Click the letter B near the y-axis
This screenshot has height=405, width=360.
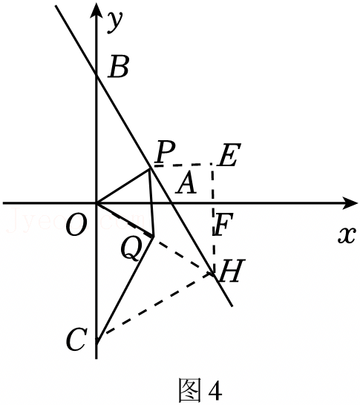point(118,68)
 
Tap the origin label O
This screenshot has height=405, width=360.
point(76,225)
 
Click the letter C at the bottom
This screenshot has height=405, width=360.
point(75,339)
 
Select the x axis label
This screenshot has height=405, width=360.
point(347,235)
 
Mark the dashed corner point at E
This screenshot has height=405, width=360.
point(212,164)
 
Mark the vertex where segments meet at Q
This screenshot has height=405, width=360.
point(154,237)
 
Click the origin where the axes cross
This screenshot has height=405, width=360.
point(96,203)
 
